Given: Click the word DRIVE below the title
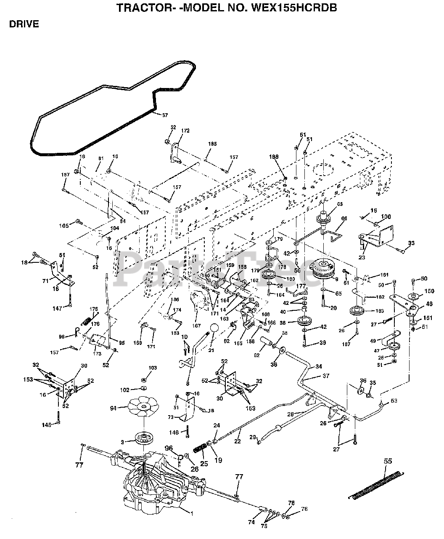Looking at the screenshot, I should pos(24,24).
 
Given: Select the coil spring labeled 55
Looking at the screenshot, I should pos(377,483).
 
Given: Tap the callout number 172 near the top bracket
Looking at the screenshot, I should pos(185,131).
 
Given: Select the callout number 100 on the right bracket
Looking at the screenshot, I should pos(386,217).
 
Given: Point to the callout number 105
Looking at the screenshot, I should pos(64,226).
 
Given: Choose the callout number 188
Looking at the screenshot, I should pos(274,157).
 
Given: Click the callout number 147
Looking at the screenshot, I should pos(57,309).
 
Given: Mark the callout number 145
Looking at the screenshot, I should pos(46,425).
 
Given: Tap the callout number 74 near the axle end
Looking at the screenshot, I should pos(251,522).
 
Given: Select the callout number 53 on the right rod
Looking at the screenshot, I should pos(394,400).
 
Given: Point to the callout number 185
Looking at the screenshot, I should pos(212,144).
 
